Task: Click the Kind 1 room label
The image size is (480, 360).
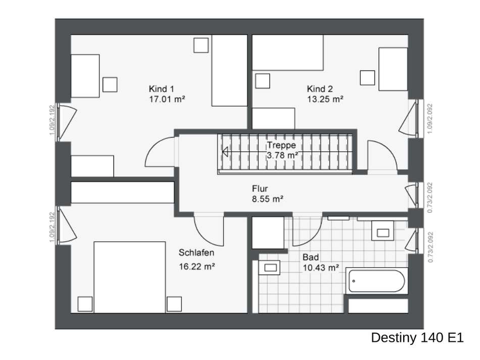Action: (x=161, y=89)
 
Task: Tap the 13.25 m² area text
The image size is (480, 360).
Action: (x=325, y=99)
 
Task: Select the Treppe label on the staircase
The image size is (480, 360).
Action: (x=281, y=145)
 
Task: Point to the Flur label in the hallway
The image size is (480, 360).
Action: (x=260, y=189)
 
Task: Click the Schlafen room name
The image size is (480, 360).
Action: (x=196, y=253)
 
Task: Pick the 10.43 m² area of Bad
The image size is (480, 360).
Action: (x=321, y=268)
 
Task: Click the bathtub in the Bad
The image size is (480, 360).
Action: (x=377, y=281)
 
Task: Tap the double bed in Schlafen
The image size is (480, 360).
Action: (x=130, y=277)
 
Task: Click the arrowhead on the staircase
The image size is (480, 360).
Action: (x=225, y=152)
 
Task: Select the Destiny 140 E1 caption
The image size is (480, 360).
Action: (x=417, y=338)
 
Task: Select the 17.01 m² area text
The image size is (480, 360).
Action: (x=167, y=99)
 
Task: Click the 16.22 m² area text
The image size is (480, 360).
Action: (x=197, y=266)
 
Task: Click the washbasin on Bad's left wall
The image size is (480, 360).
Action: (x=269, y=268)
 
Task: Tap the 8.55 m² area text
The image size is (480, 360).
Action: (x=267, y=199)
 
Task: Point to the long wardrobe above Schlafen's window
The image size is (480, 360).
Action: (x=122, y=192)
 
